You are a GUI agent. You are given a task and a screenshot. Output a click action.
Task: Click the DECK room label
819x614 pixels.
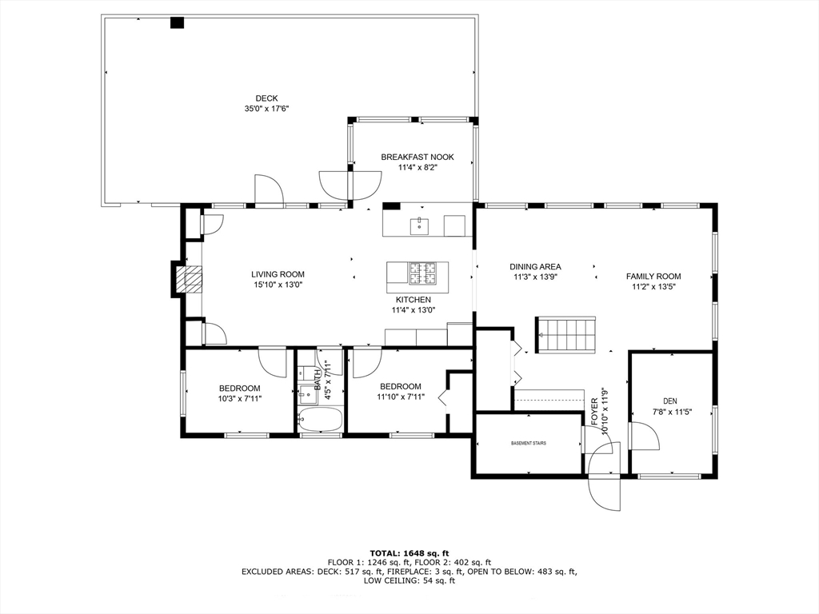[x=266, y=98]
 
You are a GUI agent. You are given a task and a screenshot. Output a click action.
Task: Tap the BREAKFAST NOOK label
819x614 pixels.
[x=417, y=157]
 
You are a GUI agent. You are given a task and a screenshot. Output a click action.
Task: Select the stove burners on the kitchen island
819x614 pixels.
[x=422, y=273]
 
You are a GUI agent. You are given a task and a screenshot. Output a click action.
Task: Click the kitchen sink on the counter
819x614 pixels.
[x=419, y=226]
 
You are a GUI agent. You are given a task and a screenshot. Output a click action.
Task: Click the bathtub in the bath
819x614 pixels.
[x=320, y=419]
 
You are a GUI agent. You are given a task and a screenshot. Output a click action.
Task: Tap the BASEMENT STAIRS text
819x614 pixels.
[x=529, y=443]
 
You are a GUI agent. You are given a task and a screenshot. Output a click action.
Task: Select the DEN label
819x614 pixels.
[x=670, y=401]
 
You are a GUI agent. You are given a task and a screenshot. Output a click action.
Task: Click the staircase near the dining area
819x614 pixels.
[x=565, y=335]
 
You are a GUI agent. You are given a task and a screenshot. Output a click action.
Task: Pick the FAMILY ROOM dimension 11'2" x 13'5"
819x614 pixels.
[x=650, y=287]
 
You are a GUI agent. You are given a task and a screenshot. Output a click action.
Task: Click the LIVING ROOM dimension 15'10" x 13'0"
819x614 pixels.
[x=278, y=285]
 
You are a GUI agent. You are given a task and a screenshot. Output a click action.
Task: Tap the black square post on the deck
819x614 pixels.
[x=178, y=22]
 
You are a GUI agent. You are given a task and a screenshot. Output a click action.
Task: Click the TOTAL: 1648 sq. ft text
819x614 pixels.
[x=409, y=553]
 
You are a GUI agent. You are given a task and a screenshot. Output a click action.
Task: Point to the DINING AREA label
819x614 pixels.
[x=535, y=267]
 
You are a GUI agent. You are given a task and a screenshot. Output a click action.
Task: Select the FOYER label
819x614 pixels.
[x=594, y=412]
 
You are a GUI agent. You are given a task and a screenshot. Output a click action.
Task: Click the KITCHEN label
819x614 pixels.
[x=413, y=300]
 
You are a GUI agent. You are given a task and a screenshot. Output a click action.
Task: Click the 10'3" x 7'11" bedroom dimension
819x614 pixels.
[x=240, y=398]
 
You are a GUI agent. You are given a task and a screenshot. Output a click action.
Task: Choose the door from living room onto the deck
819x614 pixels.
[x=269, y=189]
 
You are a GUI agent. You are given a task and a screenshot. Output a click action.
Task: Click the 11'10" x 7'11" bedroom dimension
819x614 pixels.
[x=401, y=397]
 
